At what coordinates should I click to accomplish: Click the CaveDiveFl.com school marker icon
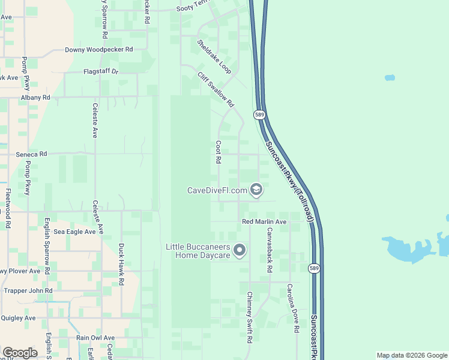(x=256, y=190)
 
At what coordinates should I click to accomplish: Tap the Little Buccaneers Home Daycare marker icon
(x=240, y=250)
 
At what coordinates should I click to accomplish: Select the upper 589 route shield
(x=259, y=115)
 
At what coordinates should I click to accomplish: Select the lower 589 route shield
(x=314, y=268)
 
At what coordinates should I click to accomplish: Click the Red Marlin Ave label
(x=265, y=222)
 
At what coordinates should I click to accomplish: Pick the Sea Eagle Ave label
(x=74, y=232)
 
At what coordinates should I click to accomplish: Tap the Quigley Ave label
(x=19, y=318)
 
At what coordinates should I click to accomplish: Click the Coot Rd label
(x=219, y=153)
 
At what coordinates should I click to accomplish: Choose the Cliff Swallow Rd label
(x=215, y=89)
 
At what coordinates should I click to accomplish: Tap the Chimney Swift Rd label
(x=249, y=317)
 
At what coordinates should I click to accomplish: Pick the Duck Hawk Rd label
(x=121, y=264)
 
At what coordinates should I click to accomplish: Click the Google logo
(x=20, y=353)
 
